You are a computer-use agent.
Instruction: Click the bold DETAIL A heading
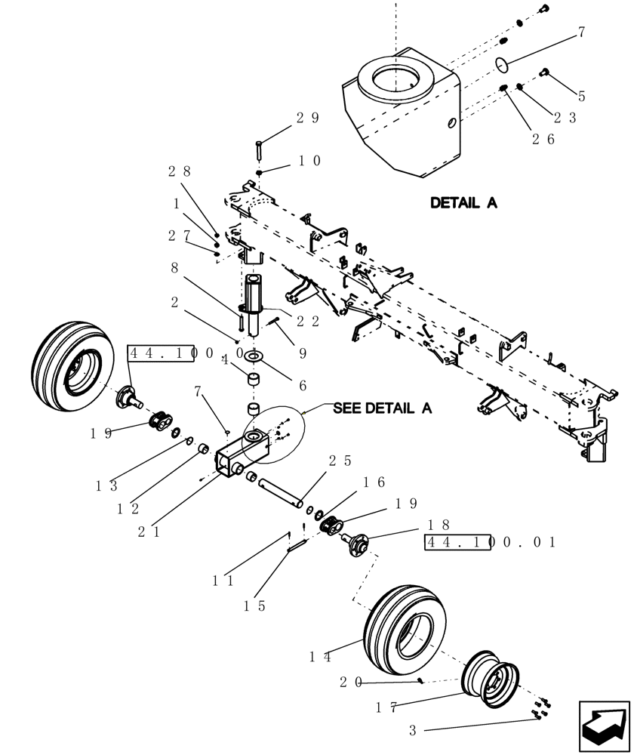[463, 203]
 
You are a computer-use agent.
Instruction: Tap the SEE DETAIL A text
[383, 408]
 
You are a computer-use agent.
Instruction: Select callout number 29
[308, 118]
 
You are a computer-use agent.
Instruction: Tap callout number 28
[180, 171]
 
